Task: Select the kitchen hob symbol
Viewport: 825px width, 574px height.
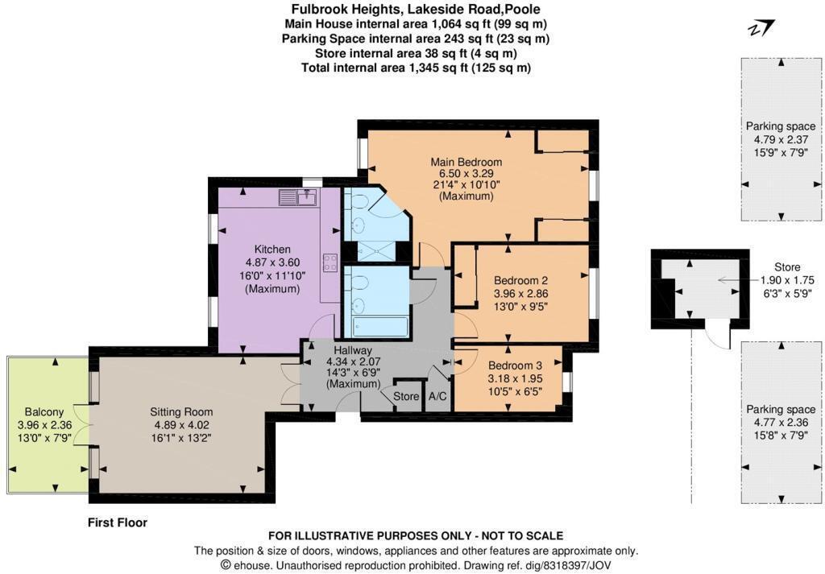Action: (x=330, y=262)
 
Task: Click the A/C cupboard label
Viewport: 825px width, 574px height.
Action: (x=438, y=397)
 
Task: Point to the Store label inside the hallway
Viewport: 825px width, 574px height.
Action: (x=406, y=397)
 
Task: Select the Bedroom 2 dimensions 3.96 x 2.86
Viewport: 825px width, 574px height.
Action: (x=521, y=293)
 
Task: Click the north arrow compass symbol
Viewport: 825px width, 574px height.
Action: (x=761, y=30)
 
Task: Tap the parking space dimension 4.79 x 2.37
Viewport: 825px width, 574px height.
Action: (x=780, y=138)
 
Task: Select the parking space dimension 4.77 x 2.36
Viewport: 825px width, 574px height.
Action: (x=780, y=421)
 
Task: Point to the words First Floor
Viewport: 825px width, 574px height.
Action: (x=118, y=522)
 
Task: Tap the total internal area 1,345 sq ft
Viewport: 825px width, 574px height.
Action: (x=416, y=68)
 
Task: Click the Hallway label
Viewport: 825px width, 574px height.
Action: (x=354, y=351)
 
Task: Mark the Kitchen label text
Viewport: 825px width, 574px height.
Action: (x=272, y=249)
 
